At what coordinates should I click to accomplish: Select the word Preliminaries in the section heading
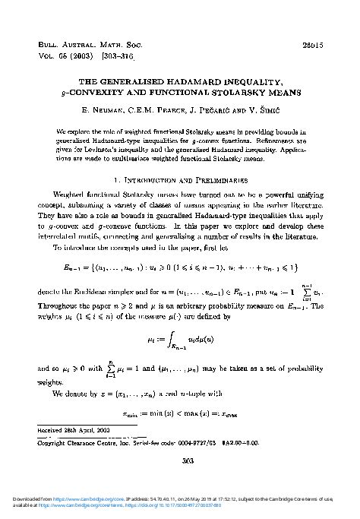coord(217,181)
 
